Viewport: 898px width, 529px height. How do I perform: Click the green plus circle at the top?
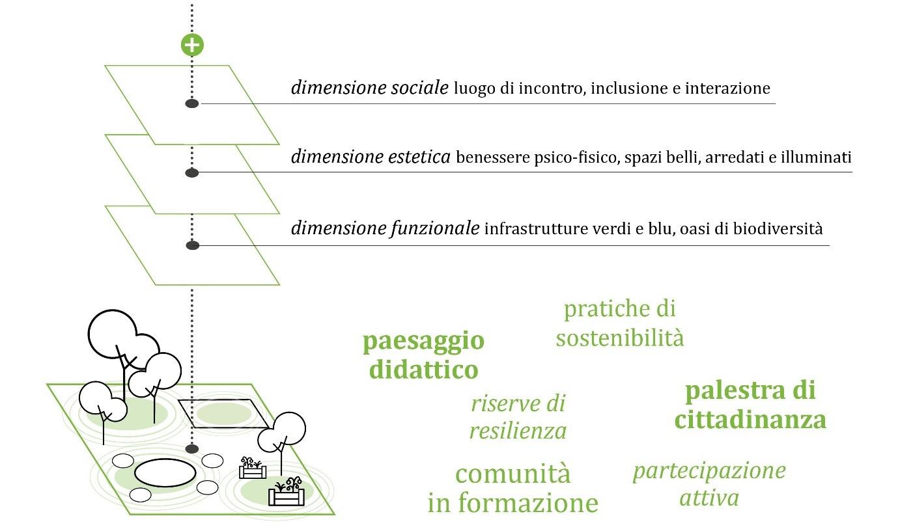pos(192,45)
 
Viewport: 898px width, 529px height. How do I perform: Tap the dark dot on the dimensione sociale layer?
pos(192,103)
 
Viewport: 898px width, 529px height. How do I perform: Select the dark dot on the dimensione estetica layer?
pos(192,172)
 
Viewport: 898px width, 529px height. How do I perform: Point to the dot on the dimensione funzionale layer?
pos(192,245)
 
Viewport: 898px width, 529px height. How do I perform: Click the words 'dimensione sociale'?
pos(369,88)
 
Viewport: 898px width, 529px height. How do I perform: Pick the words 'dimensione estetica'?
pos(371,157)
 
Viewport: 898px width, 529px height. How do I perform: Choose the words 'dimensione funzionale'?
pos(385,229)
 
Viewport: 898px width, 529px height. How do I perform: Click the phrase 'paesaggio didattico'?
pos(424,355)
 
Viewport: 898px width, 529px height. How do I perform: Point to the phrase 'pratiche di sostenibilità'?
pos(619,323)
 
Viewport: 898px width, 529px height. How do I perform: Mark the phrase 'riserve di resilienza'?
pos(518,417)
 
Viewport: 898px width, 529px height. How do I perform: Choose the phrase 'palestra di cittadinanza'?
pos(750,405)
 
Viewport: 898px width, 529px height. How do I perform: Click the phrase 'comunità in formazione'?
pos(512,488)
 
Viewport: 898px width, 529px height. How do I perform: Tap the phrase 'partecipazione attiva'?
pos(709,483)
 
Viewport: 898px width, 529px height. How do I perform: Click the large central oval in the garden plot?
pos(165,473)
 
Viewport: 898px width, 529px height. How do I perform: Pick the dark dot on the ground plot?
pos(192,449)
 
